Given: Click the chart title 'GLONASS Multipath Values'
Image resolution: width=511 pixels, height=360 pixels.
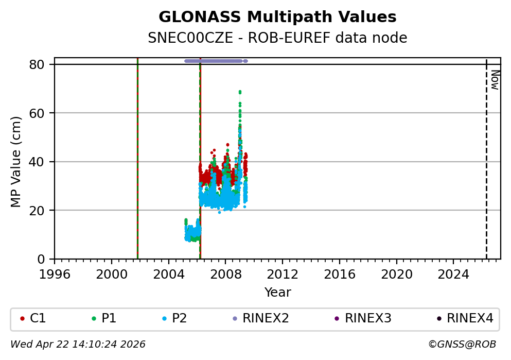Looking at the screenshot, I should coord(277,17).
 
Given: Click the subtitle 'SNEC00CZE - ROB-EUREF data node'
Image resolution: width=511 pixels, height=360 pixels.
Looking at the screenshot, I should coord(277,38).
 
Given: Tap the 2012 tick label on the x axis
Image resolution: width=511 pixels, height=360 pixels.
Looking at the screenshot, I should coord(283,273).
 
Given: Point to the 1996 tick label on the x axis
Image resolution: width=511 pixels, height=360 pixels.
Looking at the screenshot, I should coord(55,273).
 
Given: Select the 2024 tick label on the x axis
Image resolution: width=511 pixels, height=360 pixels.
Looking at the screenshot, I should coord(453,273).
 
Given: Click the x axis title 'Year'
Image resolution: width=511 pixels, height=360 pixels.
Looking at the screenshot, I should coord(277,293).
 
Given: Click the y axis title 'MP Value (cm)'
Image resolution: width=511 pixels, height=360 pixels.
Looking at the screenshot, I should coord(16,162).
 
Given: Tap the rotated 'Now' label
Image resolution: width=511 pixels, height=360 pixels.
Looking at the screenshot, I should coord(495,80).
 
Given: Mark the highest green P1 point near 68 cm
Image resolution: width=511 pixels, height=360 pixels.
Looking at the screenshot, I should coord(240,92).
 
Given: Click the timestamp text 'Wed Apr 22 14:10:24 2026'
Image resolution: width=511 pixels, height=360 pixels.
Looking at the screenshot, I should coord(78,344).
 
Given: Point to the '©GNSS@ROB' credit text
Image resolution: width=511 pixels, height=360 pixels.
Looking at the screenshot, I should coord(462,344).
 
